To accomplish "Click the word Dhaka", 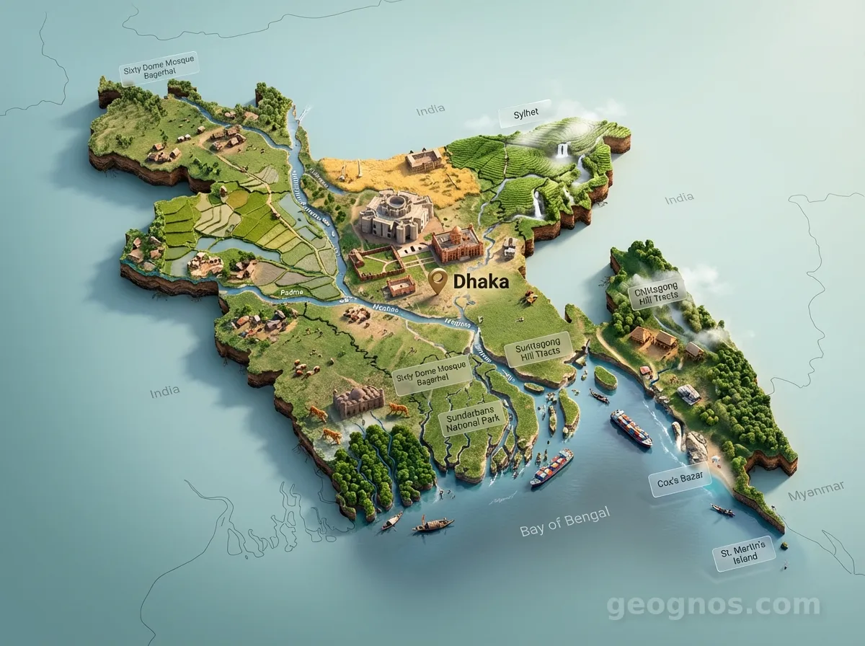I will (x=482, y=281).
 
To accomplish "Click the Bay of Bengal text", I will (x=564, y=522).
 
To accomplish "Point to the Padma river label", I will (x=293, y=293).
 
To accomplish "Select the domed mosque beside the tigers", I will (x=358, y=401).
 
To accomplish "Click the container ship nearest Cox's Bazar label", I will (x=631, y=428).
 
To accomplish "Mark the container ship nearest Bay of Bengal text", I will (x=552, y=468).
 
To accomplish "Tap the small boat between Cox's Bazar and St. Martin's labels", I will (x=722, y=510).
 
